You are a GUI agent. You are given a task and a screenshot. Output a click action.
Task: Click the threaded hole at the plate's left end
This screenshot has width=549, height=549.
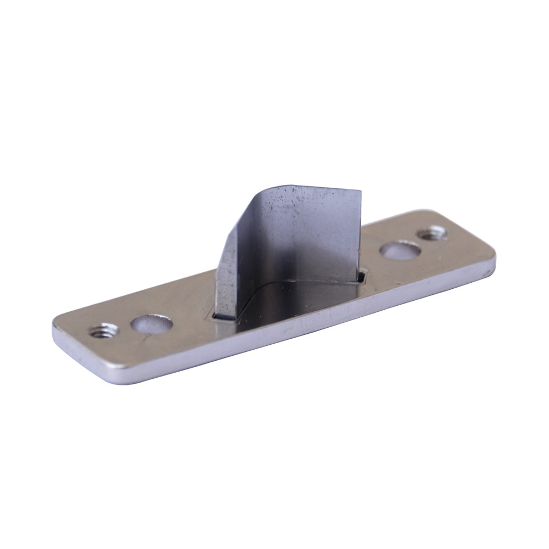pos(103,331)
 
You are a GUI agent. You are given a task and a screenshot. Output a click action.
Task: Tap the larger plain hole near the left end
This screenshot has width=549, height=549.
pos(152,323)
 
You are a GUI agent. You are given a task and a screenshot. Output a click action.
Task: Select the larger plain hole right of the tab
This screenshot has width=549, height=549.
pos(400,250)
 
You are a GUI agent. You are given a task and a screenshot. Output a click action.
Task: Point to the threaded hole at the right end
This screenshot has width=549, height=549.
pos(432,233)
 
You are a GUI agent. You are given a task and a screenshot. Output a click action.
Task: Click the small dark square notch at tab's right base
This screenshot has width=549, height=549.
pos(361,276)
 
